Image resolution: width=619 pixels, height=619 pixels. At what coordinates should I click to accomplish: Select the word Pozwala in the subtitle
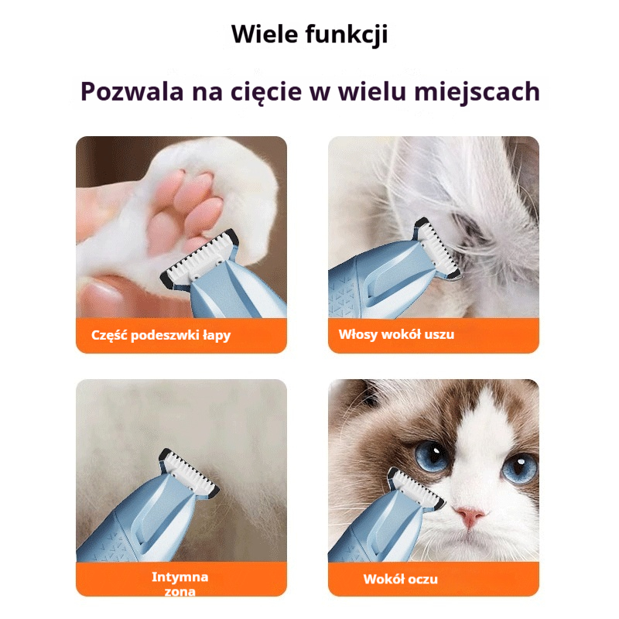click(x=132, y=91)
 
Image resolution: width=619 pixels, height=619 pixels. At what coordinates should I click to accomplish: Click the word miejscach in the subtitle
click(x=477, y=92)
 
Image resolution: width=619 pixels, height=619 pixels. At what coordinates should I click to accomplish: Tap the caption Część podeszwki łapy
click(x=161, y=335)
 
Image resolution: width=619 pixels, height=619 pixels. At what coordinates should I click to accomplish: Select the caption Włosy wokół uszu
click(x=396, y=334)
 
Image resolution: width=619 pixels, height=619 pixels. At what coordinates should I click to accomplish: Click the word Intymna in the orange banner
click(x=180, y=576)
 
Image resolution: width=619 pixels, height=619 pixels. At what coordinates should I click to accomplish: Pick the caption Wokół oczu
click(x=400, y=579)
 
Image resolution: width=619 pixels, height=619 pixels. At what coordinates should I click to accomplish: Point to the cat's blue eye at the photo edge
click(x=519, y=468)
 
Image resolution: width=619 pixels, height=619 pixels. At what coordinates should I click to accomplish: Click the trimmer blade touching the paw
click(x=200, y=257)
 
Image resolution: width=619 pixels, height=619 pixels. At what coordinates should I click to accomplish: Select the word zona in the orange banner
click(x=180, y=591)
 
